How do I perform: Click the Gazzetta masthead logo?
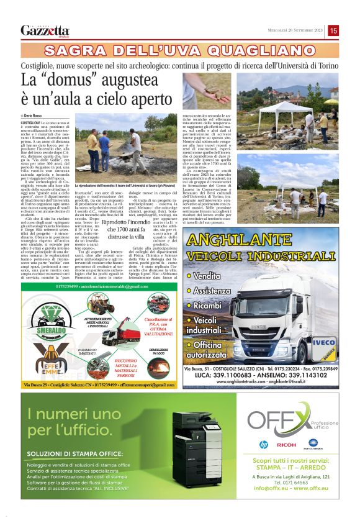[45, 30]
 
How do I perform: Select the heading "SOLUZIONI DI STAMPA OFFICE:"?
[67, 454]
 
